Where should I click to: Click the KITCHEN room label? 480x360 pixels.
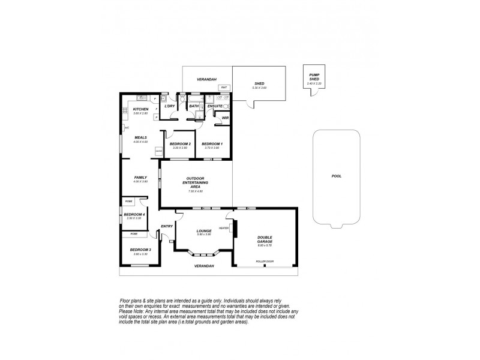coord(140,109)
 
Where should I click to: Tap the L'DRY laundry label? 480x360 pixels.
coord(169,106)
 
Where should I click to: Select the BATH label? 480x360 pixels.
coord(194,106)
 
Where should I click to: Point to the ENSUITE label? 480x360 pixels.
coord(215,106)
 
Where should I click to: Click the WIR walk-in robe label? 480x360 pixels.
coord(225,118)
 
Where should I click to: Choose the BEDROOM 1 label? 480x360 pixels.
coord(212,144)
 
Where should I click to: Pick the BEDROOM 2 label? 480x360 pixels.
coord(180,144)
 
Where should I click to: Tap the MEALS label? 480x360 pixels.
coord(140,137)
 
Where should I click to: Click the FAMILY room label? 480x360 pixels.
coord(140,178)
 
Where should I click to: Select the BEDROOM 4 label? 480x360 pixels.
coord(134,214)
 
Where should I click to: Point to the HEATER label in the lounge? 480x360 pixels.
coord(224,228)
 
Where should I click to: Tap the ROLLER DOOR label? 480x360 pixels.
coord(265,262)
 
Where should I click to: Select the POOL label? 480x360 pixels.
coord(336,177)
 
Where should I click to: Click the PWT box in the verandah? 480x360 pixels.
coord(223,88)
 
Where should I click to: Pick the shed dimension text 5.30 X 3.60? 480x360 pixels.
coord(259,88)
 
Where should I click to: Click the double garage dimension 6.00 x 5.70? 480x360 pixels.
coord(265,245)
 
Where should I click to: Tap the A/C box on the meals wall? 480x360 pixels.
coord(126,128)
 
